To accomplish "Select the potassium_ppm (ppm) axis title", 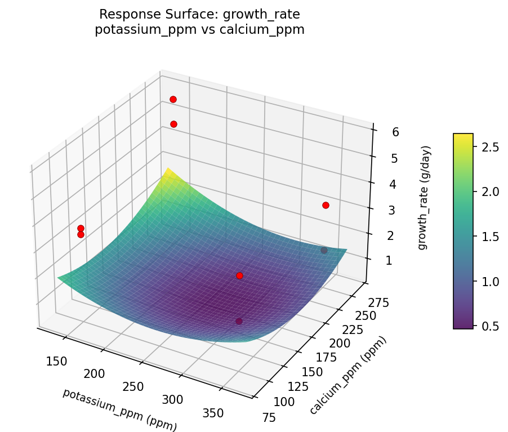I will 120,410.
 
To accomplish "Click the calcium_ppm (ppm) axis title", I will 349,376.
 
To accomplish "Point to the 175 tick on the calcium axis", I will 326,357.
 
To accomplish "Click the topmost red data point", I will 173,99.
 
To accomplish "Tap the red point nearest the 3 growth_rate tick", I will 326,205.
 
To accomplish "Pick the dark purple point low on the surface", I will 239,321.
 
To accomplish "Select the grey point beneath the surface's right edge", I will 324,250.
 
